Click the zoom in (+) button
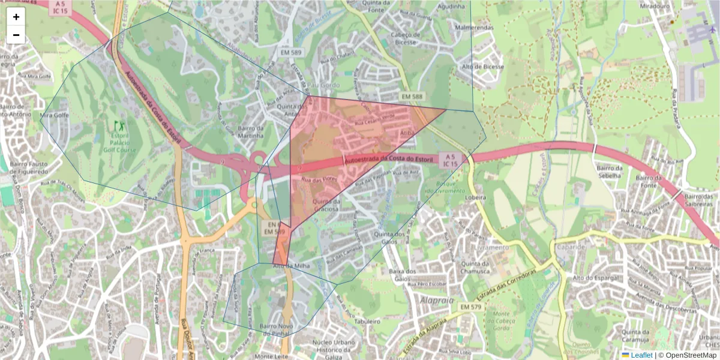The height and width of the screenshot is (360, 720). [16, 17]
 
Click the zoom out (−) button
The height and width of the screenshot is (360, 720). [16, 35]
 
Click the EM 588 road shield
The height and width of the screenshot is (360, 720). [412, 97]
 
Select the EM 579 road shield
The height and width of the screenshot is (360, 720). [472, 307]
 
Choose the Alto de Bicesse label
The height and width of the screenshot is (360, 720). [483, 67]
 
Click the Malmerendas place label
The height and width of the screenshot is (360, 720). [474, 28]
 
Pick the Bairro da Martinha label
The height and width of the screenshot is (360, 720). [251, 132]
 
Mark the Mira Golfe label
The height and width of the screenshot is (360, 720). [52, 115]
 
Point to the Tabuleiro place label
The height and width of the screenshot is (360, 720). [368, 322]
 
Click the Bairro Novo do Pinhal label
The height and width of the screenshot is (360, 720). [276, 329]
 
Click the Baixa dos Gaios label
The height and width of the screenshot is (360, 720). [403, 275]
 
